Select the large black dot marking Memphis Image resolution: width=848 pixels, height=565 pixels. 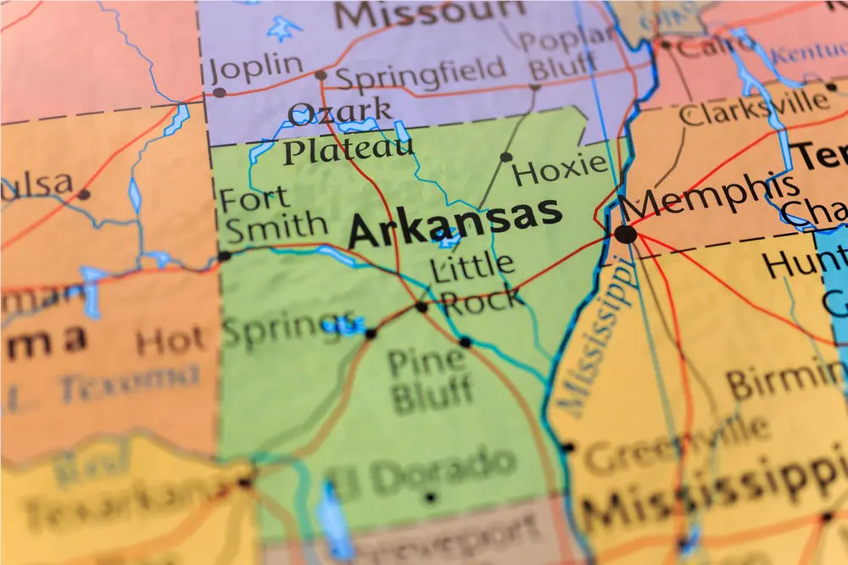click(x=626, y=234)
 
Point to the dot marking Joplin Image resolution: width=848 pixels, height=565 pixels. click(x=220, y=92)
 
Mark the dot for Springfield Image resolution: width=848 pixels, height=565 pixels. click(x=321, y=75)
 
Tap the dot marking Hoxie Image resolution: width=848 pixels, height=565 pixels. click(x=506, y=157)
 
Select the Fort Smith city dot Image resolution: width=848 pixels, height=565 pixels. click(x=224, y=255)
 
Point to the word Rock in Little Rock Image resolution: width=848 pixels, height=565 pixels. click(x=482, y=299)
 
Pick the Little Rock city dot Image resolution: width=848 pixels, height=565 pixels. click(x=421, y=307)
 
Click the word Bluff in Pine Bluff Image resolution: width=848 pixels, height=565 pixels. click(x=432, y=394)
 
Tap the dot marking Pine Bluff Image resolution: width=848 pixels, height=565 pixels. click(x=465, y=342)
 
